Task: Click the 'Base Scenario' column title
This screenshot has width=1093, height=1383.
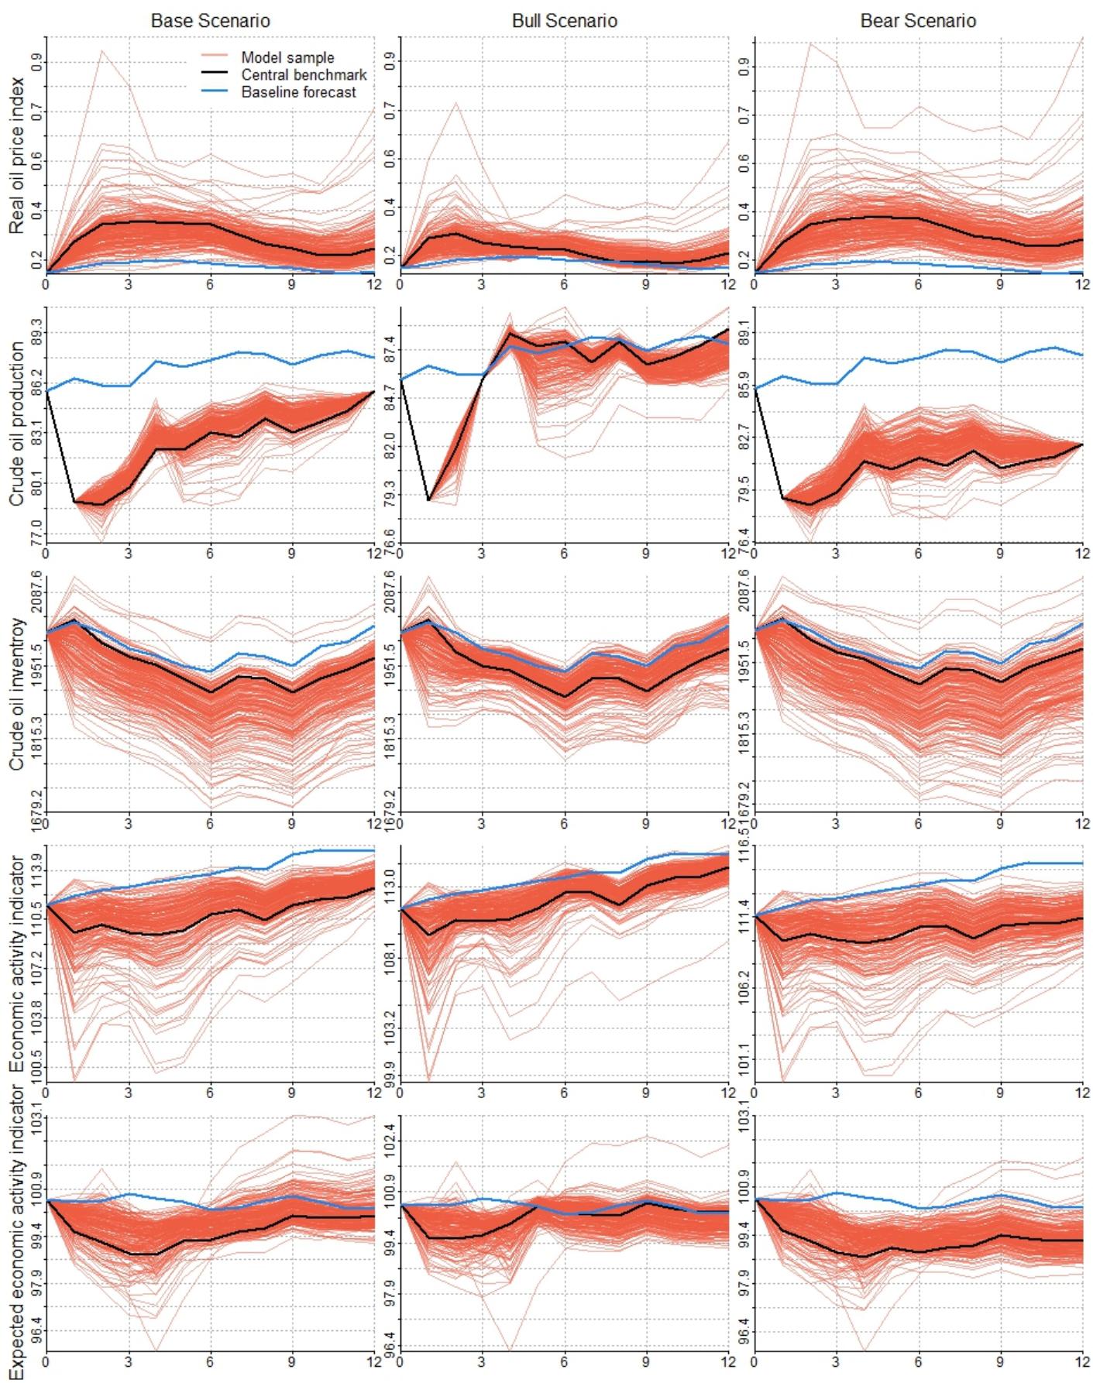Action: coord(210,21)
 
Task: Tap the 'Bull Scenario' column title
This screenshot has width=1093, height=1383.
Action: coord(565,21)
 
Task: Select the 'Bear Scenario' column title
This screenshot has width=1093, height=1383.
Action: coord(918,21)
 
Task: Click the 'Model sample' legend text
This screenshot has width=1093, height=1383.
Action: coord(287,57)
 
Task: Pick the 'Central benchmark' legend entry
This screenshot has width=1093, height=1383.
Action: coord(304,75)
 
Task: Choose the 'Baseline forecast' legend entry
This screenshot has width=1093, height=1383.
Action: coord(298,92)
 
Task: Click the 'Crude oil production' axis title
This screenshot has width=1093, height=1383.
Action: coord(17,424)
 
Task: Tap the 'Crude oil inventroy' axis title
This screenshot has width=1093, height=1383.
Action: coord(17,694)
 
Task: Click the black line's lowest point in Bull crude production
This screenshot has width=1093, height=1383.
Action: coord(428,499)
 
